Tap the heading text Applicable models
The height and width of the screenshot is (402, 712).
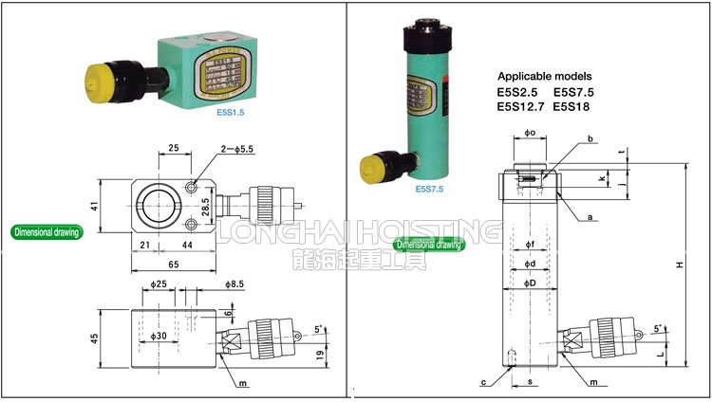pyautogui.click(x=544, y=76)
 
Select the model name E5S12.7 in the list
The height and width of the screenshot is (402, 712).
pyautogui.click(x=521, y=106)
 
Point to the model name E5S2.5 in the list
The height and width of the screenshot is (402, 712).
pyautogui.click(x=517, y=92)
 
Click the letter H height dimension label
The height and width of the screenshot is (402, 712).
pyautogui.click(x=679, y=265)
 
